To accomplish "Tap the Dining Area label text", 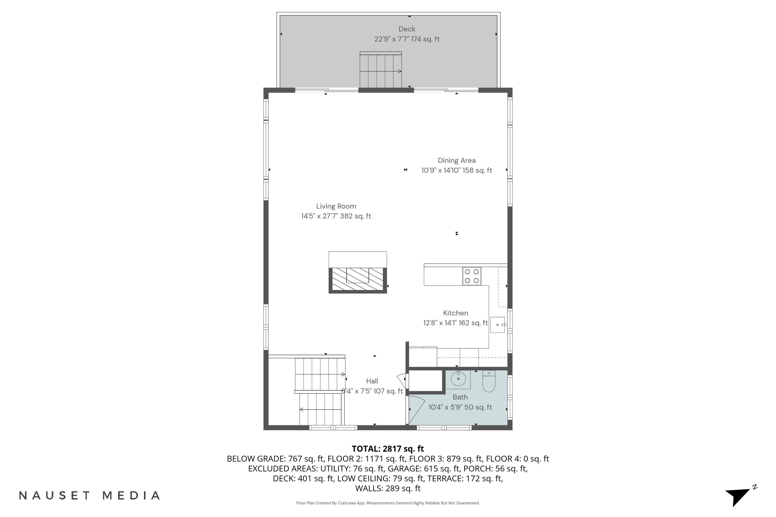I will tap(456, 161).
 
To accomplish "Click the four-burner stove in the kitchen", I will tap(472, 276).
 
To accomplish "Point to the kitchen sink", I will tap(497, 325).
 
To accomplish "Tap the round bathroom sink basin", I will tap(458, 378).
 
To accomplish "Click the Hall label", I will tap(372, 381).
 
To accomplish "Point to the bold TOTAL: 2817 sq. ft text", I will tap(388, 449).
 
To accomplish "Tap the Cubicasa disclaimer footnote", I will tap(388, 503).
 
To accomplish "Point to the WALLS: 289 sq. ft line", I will tap(388, 488).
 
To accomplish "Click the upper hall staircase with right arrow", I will tap(319, 374).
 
